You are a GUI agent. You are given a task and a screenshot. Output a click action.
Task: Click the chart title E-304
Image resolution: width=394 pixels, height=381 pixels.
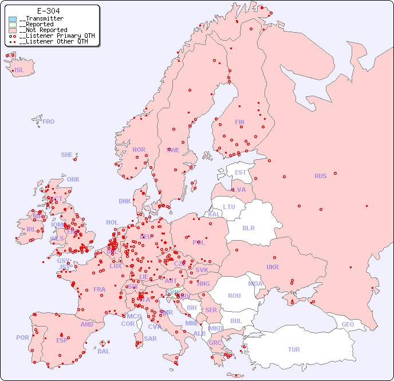pos(48,11)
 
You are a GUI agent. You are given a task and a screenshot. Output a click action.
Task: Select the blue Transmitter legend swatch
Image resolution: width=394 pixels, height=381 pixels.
pos(13,19)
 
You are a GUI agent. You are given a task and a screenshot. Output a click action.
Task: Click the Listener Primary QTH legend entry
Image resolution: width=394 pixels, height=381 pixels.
pos(53,36)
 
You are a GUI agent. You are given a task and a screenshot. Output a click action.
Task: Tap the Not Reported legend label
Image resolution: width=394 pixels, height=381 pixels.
pos(43,30)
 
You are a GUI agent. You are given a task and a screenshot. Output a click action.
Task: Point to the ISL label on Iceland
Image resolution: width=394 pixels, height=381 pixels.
pos(19,70)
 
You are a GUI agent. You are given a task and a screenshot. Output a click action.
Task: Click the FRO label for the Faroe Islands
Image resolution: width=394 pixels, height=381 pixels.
pos(49,121)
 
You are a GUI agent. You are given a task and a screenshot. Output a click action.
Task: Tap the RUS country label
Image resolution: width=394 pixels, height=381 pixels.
pos(320,176)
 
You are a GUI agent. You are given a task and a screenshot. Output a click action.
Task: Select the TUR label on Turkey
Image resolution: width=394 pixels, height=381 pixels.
pos(294,349)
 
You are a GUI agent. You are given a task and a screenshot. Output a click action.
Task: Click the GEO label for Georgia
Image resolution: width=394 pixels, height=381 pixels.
pos(348,324)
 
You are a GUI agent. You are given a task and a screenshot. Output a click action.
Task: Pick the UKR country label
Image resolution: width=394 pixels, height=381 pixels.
pos(273,267)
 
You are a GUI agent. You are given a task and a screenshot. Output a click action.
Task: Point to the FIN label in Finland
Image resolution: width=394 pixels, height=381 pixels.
pos(239,122)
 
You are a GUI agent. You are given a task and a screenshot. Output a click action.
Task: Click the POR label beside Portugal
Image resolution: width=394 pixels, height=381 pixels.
pos(22,337)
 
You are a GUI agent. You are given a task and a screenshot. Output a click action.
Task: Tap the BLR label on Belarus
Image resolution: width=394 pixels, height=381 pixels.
pos(249,227)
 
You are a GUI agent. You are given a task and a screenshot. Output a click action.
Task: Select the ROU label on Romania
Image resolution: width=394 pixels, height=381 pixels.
pos(234,296)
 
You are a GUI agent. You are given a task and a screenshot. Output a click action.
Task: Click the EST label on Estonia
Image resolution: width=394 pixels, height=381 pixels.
pos(241,172)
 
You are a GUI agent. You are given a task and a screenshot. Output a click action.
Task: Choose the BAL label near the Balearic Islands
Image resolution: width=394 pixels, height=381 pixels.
pos(104,351)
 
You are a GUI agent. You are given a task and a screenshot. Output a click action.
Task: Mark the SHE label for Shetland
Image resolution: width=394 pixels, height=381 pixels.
pos(67,155)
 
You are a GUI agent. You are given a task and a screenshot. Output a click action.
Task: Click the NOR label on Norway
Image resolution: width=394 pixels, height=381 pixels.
pos(139,150)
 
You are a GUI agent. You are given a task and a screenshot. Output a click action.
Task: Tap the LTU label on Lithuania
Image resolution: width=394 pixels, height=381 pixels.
pos(229,207)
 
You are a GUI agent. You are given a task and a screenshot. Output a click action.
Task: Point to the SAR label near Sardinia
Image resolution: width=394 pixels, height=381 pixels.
pos(150,339)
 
